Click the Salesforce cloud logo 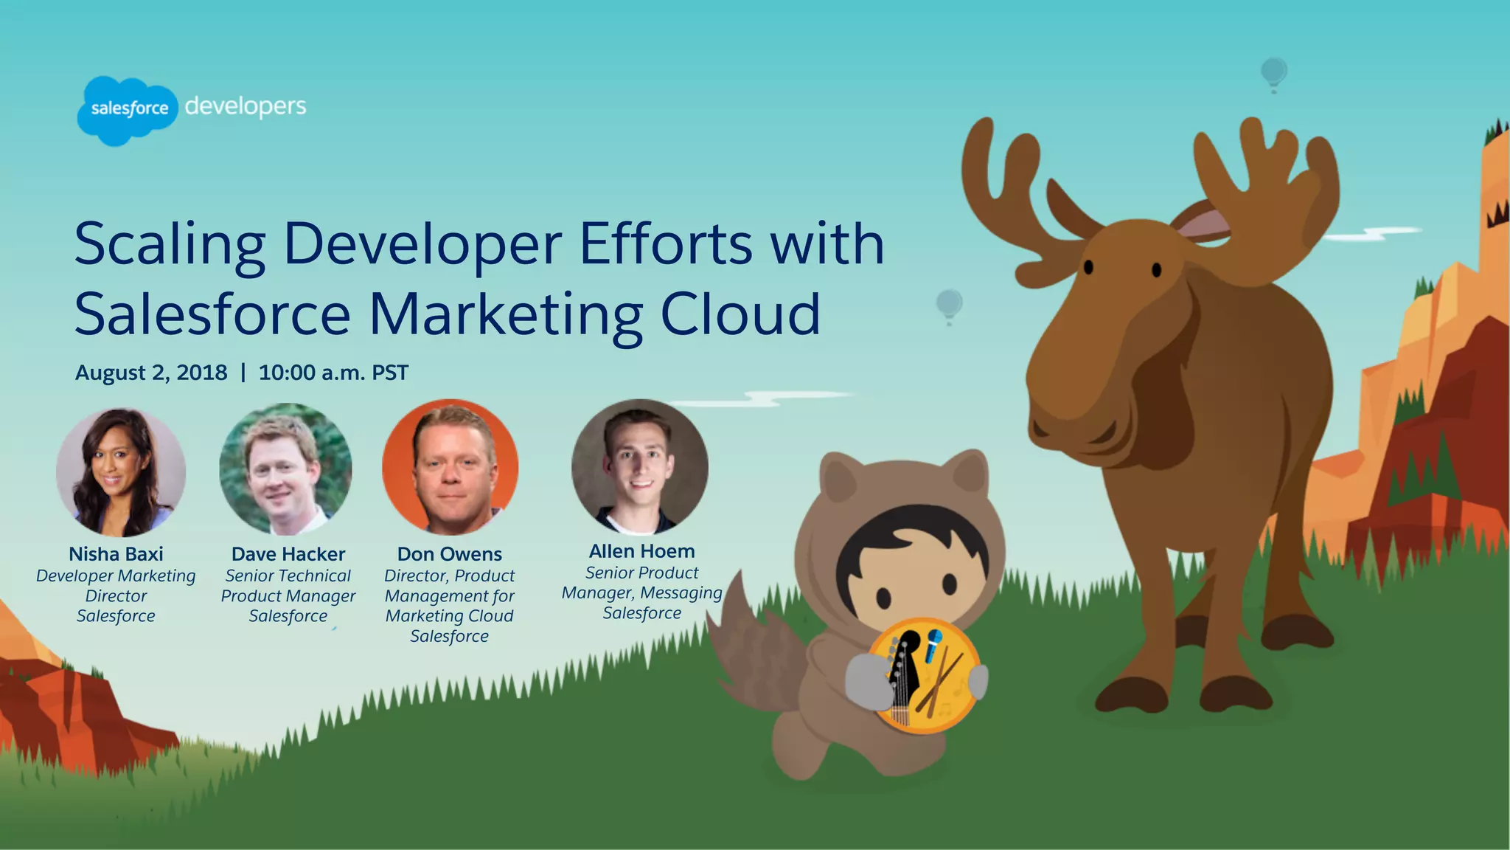(128, 110)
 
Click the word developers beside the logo (246, 107)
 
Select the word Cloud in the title (740, 314)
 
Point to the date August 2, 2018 (151, 373)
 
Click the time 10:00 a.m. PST (333, 373)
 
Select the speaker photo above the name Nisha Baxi (120, 472)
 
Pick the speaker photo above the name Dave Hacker (285, 469)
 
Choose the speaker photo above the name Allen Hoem (639, 466)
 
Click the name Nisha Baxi (116, 554)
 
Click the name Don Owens (449, 554)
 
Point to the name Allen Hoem (641, 551)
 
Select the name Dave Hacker (288, 554)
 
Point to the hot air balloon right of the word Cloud (949, 305)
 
